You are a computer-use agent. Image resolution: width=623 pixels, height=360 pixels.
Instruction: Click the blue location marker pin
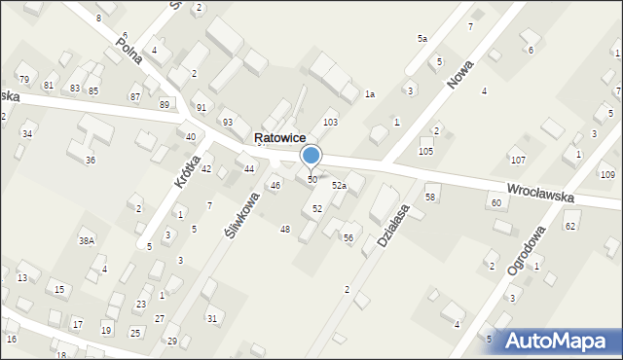[311, 157]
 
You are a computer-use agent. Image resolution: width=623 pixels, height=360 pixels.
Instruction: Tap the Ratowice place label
[281, 138]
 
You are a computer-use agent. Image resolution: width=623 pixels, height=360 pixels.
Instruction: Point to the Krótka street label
[188, 172]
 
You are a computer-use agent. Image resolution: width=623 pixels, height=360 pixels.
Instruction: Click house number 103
[330, 122]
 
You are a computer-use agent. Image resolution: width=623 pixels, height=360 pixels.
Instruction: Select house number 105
[425, 152]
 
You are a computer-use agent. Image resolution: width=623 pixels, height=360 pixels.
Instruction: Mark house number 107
[518, 159]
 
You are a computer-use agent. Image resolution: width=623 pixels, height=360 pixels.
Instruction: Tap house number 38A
[88, 240]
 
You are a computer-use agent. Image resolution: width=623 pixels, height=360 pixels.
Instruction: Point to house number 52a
[339, 185]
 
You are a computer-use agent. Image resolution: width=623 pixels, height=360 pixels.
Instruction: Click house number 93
[228, 122]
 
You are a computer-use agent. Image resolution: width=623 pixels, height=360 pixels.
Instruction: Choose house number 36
[91, 160]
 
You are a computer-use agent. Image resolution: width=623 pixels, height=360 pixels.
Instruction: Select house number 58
[430, 198]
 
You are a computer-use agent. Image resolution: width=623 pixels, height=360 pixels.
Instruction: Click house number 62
[570, 226]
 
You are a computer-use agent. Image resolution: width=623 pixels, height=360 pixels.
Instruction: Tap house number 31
[212, 319]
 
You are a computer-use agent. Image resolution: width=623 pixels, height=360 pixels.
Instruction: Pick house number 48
[284, 229]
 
